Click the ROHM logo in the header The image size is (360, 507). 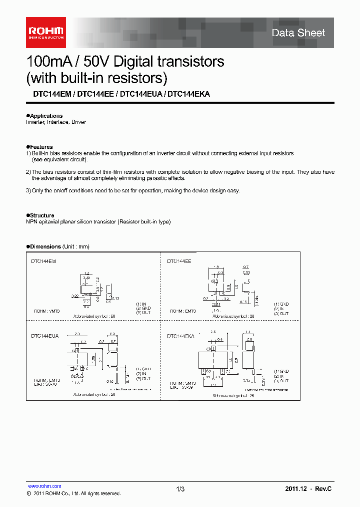45,33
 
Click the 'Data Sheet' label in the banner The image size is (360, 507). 298,33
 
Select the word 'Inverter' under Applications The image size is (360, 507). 34,122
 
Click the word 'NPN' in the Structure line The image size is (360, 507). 31,221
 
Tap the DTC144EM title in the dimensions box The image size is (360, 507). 43,261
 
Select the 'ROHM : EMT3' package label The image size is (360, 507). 183,311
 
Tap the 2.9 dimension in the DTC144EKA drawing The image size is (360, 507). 212,332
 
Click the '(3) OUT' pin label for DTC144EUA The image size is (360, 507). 143,378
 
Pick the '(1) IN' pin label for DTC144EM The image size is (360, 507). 141,304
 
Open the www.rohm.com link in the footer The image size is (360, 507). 44,486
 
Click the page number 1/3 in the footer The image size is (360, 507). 180,489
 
